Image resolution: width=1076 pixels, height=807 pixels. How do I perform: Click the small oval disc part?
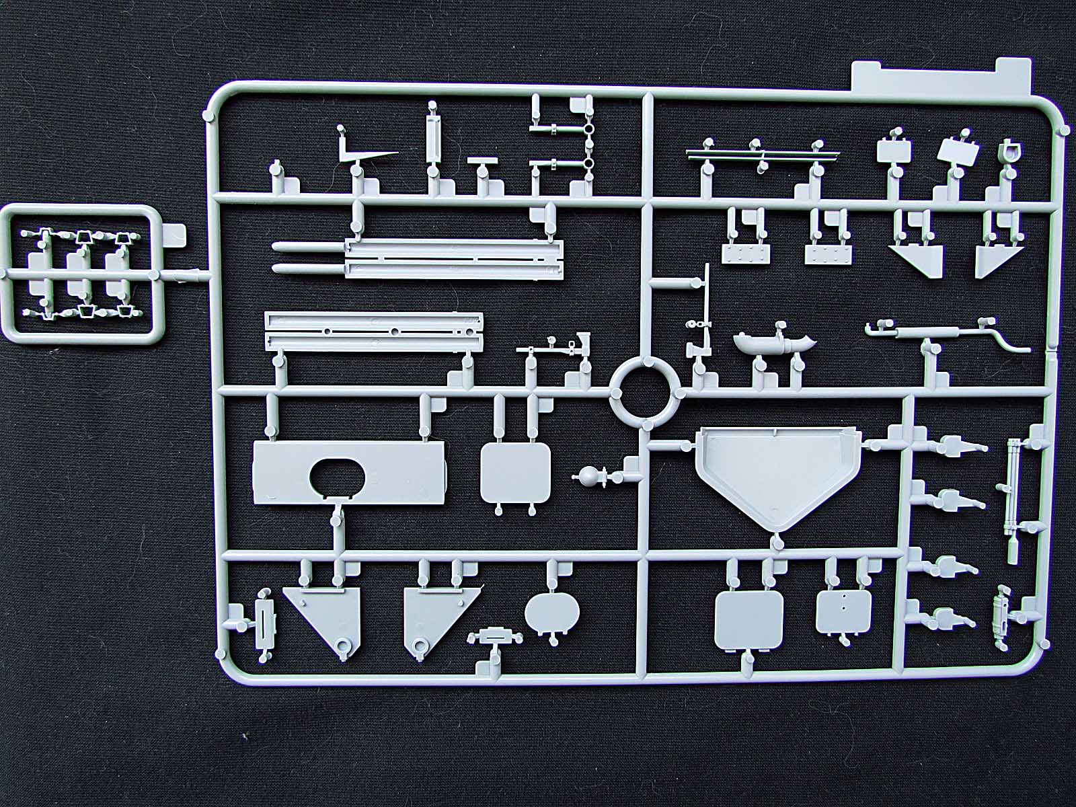(x=551, y=609)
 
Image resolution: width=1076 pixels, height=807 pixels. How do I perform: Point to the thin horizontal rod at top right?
(x=763, y=154)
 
